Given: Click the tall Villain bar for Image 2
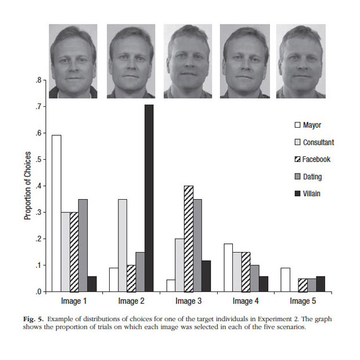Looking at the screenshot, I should [x=149, y=198].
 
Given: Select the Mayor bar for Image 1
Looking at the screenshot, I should [x=56, y=213].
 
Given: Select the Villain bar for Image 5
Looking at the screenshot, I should [x=321, y=284].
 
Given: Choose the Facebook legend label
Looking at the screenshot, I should [x=317, y=160].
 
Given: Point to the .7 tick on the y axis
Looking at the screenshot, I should [x=39, y=107].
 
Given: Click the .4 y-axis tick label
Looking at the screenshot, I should [x=39, y=186].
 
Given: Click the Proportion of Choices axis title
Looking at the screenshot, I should [x=27, y=186].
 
